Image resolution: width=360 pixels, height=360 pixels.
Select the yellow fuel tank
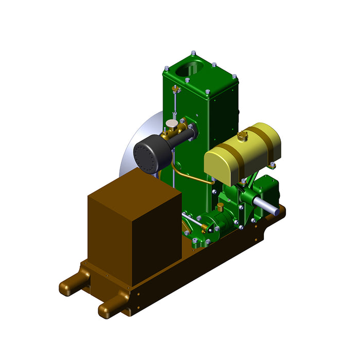(x=242, y=152)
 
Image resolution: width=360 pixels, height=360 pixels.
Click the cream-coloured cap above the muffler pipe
(x=171, y=124)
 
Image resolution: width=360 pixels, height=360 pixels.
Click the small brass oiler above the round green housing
(x=221, y=207)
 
